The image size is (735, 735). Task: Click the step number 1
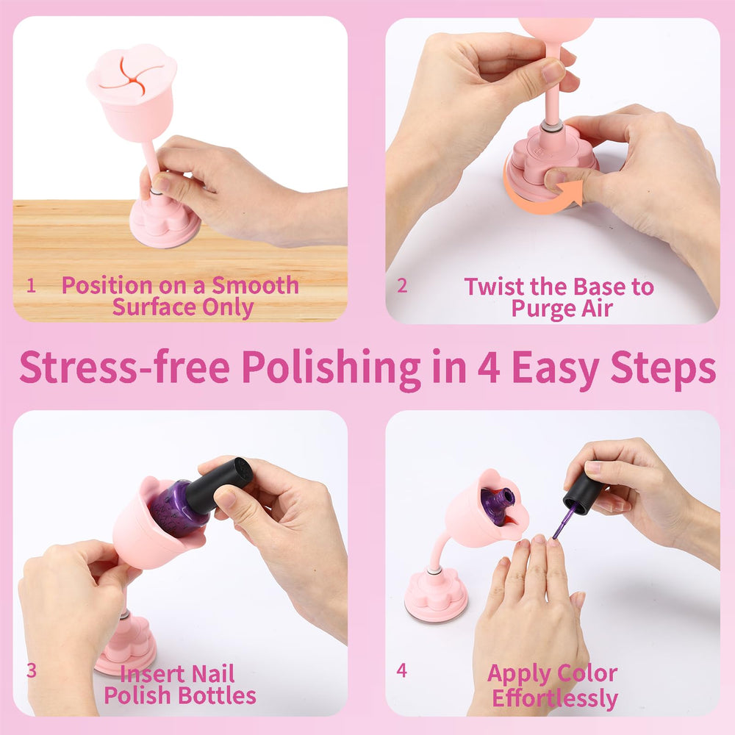pyautogui.click(x=31, y=285)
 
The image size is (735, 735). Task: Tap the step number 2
pyautogui.click(x=402, y=285)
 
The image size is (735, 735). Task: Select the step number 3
pyautogui.click(x=32, y=670)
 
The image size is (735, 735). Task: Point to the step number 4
pyautogui.click(x=402, y=670)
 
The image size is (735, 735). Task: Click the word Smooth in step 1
pyautogui.click(x=255, y=285)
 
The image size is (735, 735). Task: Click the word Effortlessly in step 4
pyautogui.click(x=555, y=698)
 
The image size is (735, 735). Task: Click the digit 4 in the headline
pyautogui.click(x=489, y=367)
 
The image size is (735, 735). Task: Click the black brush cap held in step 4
pyautogui.click(x=583, y=494)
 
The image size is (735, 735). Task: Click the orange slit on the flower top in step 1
pyautogui.click(x=132, y=75)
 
